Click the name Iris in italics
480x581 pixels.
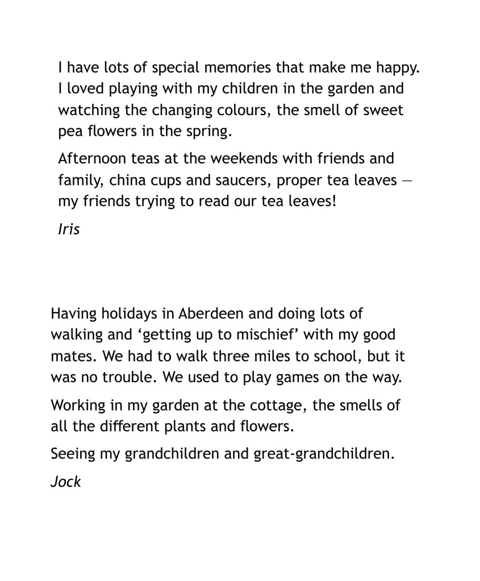(69, 229)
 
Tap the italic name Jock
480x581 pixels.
(66, 482)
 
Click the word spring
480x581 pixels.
(210, 132)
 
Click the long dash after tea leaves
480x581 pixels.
(407, 180)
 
